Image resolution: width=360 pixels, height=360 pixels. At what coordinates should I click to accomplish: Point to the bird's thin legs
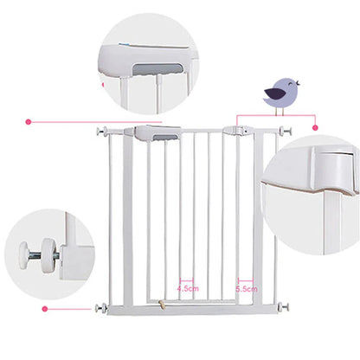pyautogui.click(x=280, y=108)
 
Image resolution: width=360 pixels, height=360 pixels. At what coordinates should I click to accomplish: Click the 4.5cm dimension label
pyautogui.click(x=189, y=288)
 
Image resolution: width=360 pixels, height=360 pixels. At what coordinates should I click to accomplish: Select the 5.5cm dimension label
pyautogui.click(x=247, y=288)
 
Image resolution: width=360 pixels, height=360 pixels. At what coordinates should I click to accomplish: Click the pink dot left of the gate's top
pyautogui.click(x=29, y=122)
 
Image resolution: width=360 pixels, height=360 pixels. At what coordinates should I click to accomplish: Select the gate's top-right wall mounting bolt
pyautogui.click(x=285, y=131)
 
